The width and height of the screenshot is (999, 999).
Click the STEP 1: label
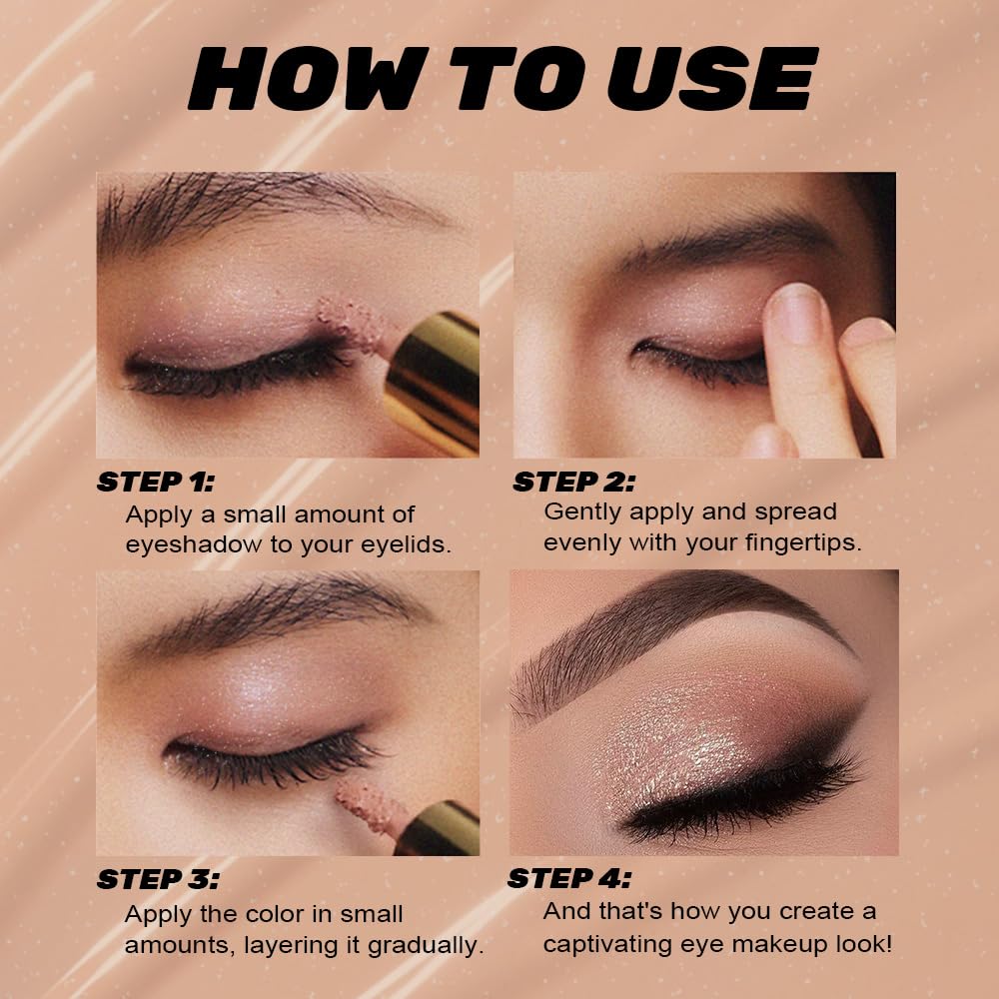(x=155, y=482)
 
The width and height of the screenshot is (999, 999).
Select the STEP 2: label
(x=573, y=482)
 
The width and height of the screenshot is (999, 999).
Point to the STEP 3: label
(x=157, y=880)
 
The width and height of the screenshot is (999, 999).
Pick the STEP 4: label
(x=569, y=879)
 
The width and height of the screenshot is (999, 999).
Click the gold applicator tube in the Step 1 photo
(x=435, y=375)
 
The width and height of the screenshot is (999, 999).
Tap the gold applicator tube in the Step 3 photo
(x=440, y=829)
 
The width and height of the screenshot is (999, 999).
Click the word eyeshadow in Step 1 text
(x=191, y=545)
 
